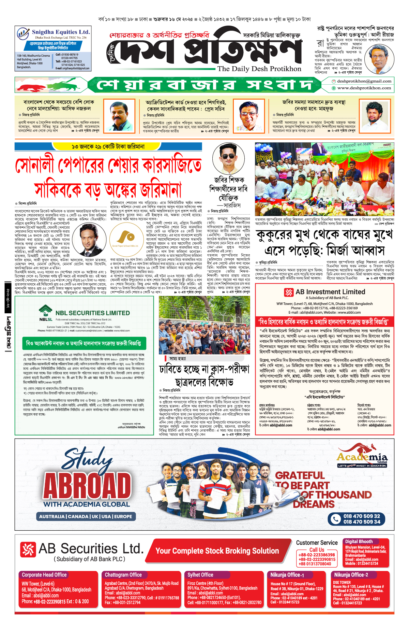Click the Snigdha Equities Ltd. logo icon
(23, 34)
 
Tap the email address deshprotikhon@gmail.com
(364, 81)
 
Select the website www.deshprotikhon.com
(364, 88)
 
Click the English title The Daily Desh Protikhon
(259, 69)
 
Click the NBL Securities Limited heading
(92, 313)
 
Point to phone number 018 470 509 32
(362, 516)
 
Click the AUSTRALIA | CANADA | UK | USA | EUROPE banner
(86, 516)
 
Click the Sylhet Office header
(200, 575)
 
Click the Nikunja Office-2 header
(351, 575)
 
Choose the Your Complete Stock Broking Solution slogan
(217, 551)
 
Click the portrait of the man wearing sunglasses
(228, 159)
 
